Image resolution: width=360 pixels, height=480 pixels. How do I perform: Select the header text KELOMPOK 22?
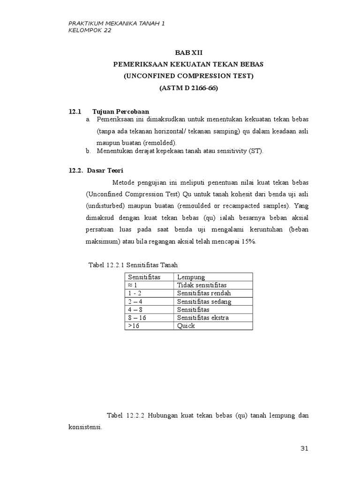pos(90,31)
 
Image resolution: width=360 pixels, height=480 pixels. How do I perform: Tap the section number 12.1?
pos(75,112)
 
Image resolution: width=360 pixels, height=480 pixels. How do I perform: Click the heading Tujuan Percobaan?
pos(120,112)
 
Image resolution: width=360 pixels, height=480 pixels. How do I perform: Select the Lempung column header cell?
pos(191,277)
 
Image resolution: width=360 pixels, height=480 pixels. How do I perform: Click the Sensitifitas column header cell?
pos(144,277)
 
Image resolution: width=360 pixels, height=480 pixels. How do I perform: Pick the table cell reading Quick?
pos(186,326)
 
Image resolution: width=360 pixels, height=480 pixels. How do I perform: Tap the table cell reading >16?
pos(134,326)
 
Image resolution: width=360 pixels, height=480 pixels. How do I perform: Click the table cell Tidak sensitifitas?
pos(202,285)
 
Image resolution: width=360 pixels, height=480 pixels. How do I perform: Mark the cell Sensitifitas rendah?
pos(204,293)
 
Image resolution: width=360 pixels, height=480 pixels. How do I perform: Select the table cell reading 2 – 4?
pos(135,301)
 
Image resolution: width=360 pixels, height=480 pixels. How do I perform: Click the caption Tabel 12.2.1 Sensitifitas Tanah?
pos(133,265)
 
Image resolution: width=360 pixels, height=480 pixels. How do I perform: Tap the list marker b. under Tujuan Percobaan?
pos(88,151)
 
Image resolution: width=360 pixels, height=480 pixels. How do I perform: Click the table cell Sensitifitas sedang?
pos(204,301)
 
